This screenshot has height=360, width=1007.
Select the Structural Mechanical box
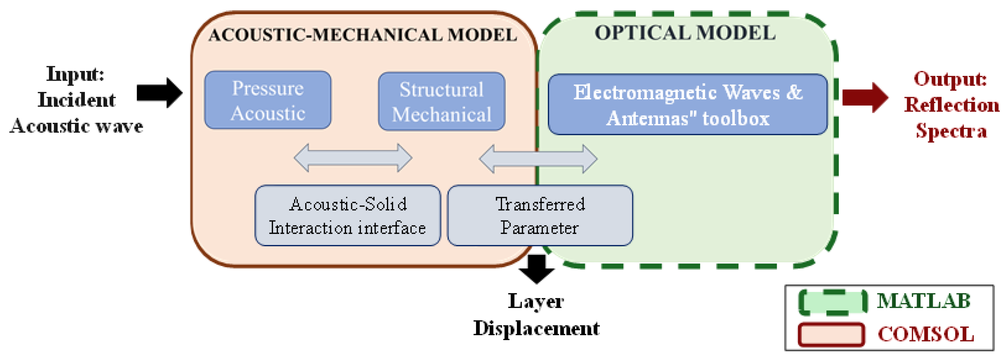[441, 102]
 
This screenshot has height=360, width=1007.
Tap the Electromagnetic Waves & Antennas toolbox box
[687, 105]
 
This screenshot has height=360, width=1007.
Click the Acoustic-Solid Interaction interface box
[348, 215]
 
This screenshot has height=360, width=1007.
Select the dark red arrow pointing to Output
[864, 97]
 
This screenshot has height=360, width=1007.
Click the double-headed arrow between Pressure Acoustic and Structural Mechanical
[352, 158]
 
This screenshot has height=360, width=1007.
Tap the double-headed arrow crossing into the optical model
[538, 159]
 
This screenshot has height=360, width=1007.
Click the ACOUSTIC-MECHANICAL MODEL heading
[363, 35]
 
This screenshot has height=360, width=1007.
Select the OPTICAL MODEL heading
[685, 33]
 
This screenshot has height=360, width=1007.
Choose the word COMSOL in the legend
[925, 335]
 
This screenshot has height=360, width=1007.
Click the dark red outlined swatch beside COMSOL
[831, 335]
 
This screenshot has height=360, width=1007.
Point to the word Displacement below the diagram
[536, 328]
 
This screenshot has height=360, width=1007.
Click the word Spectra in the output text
[951, 130]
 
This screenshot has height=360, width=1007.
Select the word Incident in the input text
[77, 100]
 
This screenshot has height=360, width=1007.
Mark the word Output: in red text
[950, 79]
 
